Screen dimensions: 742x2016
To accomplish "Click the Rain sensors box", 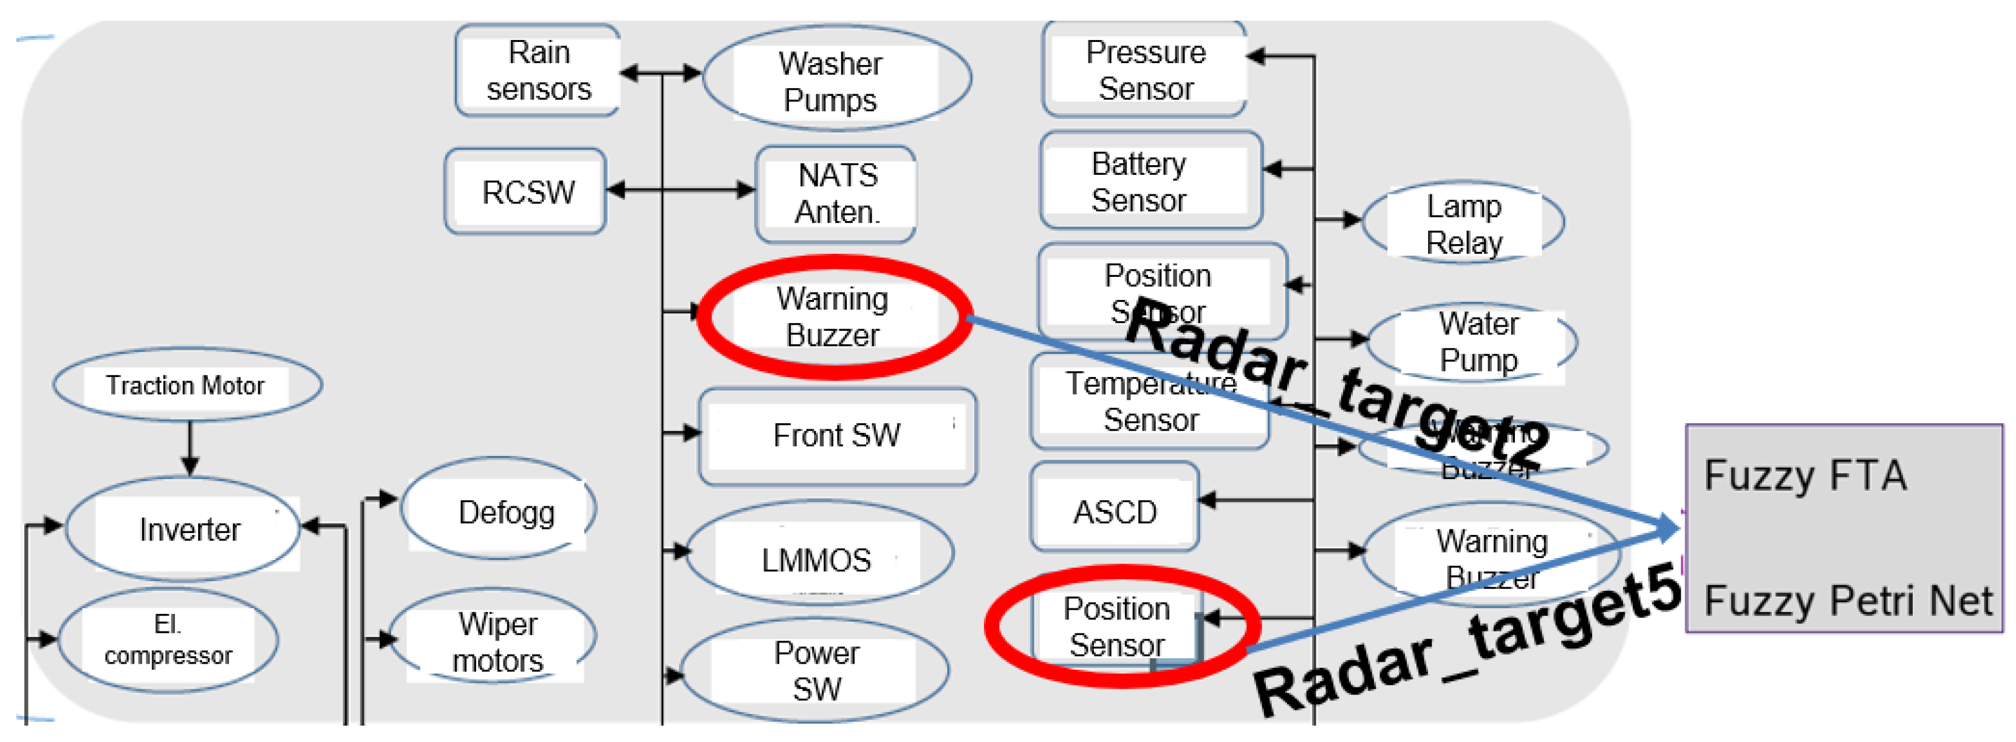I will coord(538,70).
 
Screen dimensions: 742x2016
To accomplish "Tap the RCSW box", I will coord(527,192).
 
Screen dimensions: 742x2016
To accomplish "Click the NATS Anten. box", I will coord(836,193).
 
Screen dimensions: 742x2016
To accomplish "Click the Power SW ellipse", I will coord(816,671).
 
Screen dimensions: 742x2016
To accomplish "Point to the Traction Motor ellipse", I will coord(186,385).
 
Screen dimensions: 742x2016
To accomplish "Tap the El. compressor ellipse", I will coord(168,640).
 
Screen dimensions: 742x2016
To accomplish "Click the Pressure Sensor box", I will coord(1144,70).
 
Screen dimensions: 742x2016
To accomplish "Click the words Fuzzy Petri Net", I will coord(1847,601).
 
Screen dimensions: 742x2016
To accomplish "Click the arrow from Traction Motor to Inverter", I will coord(190,449).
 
